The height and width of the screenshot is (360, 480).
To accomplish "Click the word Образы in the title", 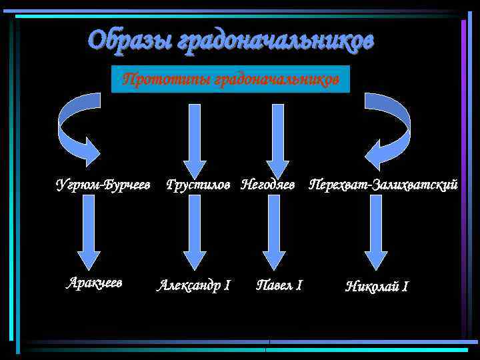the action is pyautogui.click(x=129, y=41).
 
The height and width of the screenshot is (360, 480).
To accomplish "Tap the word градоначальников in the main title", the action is pyautogui.click(x=275, y=41).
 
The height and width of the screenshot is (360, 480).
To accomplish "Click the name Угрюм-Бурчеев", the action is pyautogui.click(x=102, y=184).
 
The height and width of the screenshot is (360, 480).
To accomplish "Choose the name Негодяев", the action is pyautogui.click(x=268, y=184).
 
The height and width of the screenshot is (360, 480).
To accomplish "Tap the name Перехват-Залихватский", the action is pyautogui.click(x=383, y=184).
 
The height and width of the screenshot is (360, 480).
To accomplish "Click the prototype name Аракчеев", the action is pyautogui.click(x=94, y=282).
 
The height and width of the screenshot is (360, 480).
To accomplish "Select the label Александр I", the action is pyautogui.click(x=193, y=285).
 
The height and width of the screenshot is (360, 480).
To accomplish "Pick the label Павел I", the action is pyautogui.click(x=279, y=285).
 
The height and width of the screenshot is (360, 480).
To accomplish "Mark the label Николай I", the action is pyautogui.click(x=377, y=287).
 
